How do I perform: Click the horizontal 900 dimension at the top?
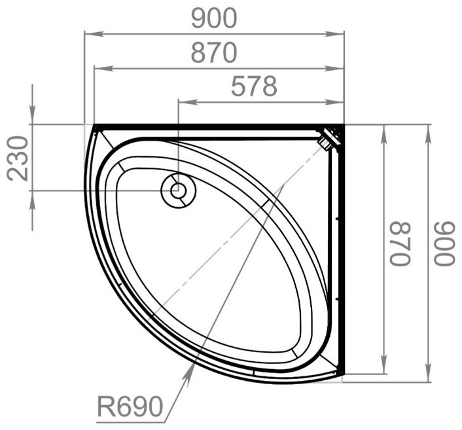tap(214, 18)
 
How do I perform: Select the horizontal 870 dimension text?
tap(214, 53)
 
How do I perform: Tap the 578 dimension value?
tap(254, 86)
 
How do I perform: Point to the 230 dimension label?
tap(18, 158)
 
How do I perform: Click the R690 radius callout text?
tap(130, 406)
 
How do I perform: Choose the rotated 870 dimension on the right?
tap(400, 243)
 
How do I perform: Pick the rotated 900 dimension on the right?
tap(444, 243)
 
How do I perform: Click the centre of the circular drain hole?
tap(178, 190)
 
